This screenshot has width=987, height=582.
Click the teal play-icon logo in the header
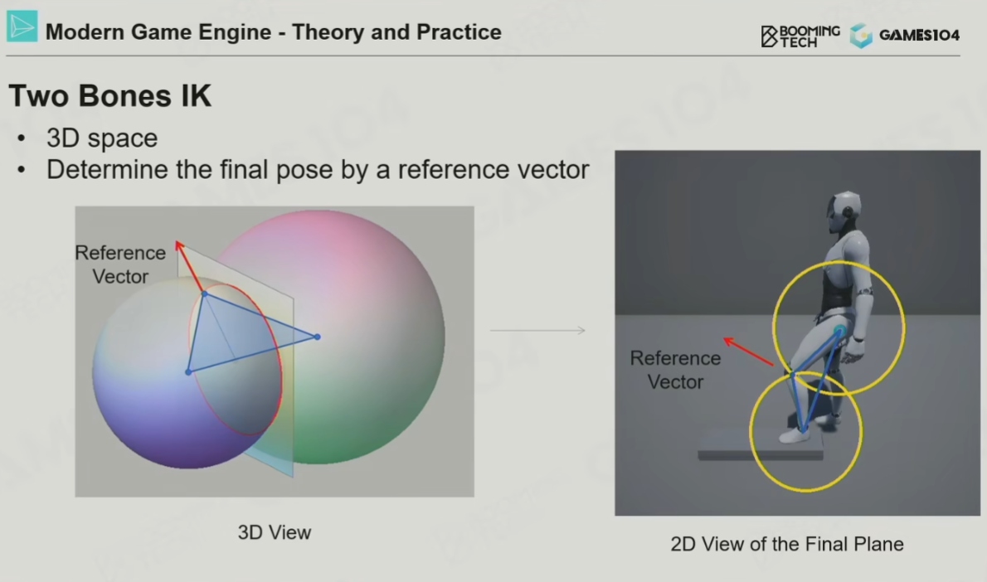(22, 27)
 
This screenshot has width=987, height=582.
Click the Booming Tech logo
(800, 36)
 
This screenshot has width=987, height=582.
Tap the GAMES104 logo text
(919, 35)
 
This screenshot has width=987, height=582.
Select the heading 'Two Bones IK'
(110, 96)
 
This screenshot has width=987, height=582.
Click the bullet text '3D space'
(102, 138)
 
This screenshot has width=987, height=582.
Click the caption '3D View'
(275, 532)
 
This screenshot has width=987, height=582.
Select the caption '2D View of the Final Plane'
(787, 544)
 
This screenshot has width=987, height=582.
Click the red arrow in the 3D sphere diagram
(190, 267)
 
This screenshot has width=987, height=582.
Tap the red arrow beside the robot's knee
(748, 351)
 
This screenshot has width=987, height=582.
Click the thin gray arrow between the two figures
(537, 330)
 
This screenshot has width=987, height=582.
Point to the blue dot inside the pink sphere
(317, 337)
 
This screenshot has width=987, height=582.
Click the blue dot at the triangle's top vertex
(204, 293)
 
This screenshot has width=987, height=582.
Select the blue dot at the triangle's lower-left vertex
(188, 372)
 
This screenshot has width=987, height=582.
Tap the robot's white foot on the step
(795, 435)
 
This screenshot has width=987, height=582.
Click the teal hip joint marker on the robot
(839, 331)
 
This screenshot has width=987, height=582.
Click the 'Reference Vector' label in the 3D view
(120, 264)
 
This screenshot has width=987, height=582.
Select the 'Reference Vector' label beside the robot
(675, 370)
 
